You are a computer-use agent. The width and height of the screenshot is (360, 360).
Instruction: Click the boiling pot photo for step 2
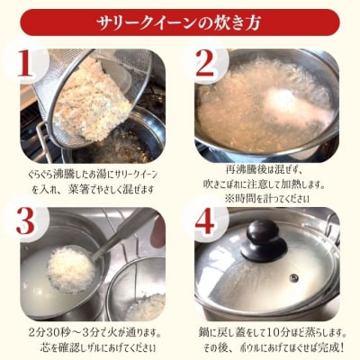point(270,103)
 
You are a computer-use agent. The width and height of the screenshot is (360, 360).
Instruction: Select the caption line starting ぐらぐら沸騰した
point(90,170)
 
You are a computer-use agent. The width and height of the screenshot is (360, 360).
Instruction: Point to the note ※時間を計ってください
point(270,196)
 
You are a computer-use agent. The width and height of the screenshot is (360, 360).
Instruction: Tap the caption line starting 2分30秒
point(90,332)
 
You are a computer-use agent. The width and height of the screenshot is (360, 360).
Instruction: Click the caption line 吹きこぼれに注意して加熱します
point(270,182)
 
